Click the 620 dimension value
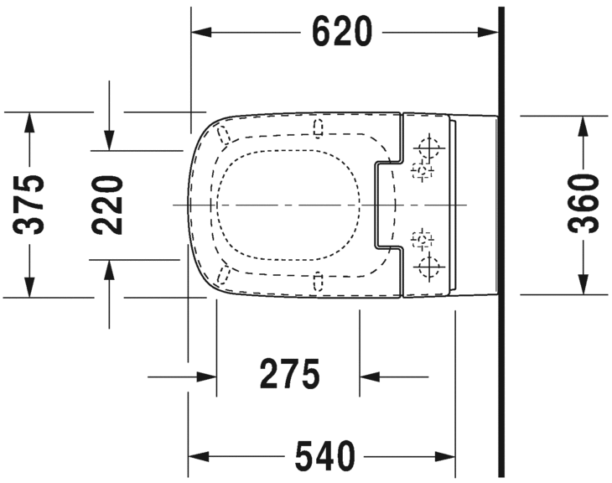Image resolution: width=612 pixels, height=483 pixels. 341,32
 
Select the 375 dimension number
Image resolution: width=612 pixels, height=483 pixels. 30,204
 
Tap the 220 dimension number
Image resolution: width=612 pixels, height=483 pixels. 108,204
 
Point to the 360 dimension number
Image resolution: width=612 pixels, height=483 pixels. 582,204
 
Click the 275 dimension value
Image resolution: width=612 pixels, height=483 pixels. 289,375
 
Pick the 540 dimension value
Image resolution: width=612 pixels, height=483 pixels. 324,456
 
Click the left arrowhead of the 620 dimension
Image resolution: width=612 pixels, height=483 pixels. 201,32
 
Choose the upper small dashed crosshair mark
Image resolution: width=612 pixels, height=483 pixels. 421,172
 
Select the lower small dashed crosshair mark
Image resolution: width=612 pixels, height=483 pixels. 421,240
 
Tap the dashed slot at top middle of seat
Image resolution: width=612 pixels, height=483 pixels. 318,127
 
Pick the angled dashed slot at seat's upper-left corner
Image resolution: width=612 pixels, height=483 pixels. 223,135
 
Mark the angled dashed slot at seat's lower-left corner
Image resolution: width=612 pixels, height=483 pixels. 223,275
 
